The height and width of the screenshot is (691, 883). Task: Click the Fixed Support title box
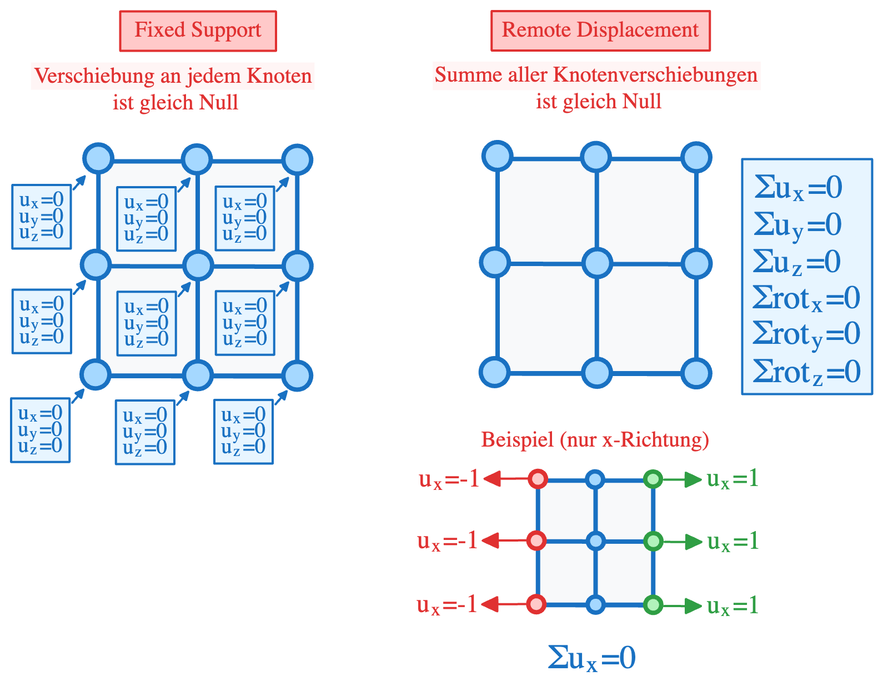tap(198, 31)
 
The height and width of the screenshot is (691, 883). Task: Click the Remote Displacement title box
tap(600, 31)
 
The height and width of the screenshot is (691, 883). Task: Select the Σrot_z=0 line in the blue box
tap(806, 372)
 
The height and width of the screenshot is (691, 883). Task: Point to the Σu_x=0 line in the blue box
tap(797, 188)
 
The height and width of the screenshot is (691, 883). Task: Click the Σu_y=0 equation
tap(797, 225)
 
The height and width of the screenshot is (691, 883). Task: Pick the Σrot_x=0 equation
tap(806, 298)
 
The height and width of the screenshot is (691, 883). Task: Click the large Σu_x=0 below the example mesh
tap(591, 658)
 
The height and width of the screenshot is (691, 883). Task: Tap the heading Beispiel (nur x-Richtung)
tap(595, 439)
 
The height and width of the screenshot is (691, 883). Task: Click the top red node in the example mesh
tap(538, 478)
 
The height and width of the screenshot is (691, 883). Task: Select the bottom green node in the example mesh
tap(653, 604)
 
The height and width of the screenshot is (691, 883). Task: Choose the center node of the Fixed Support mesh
tap(198, 266)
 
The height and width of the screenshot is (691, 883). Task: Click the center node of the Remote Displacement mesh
tap(597, 263)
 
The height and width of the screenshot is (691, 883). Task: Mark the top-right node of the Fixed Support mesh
tap(297, 160)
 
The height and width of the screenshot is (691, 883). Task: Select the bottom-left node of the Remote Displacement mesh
tap(495, 372)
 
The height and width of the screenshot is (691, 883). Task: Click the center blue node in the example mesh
tap(595, 540)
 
